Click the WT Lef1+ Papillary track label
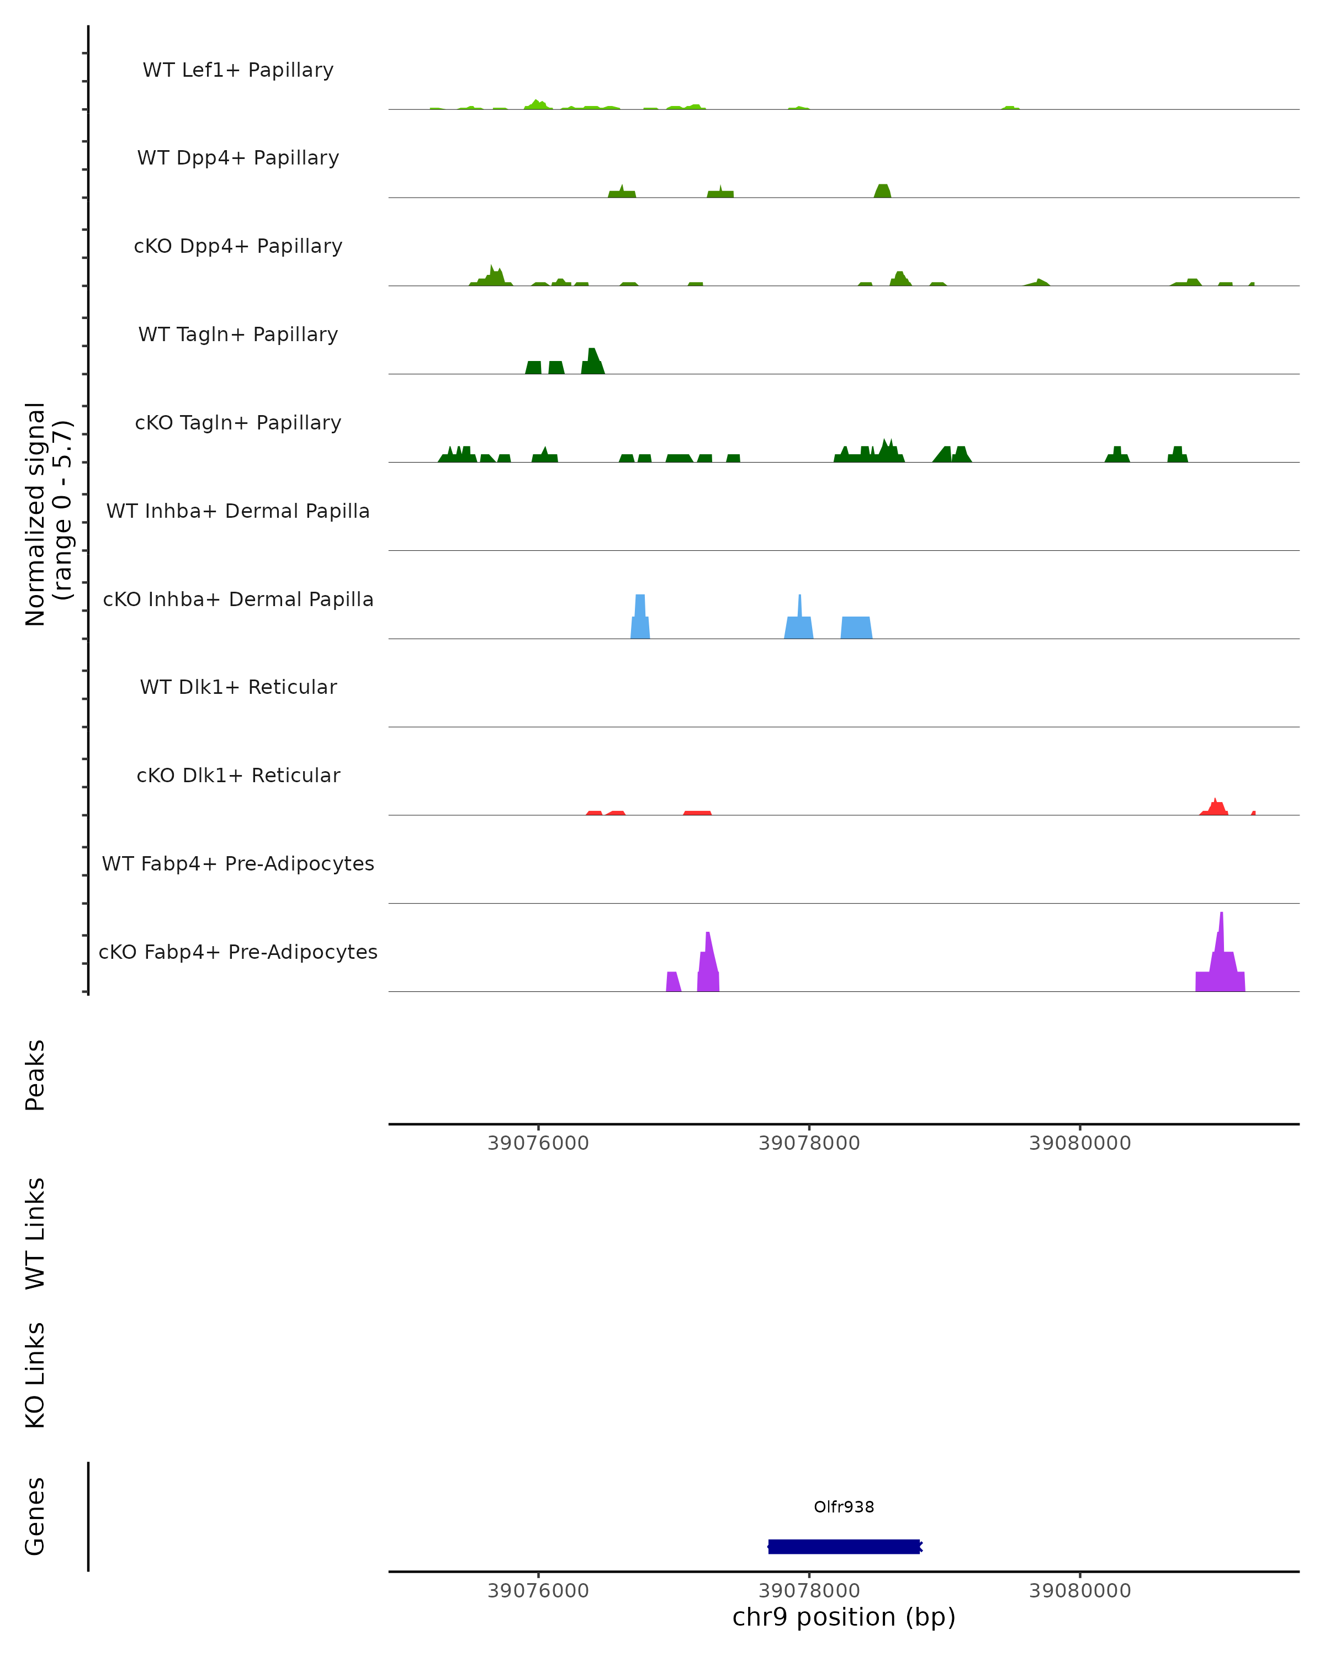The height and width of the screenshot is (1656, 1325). point(238,70)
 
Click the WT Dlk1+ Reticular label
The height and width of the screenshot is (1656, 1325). point(238,687)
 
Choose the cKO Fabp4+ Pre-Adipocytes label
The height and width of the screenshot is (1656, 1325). point(238,952)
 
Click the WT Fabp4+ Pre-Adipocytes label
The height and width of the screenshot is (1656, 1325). point(238,863)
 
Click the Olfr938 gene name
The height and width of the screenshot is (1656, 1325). point(844,1507)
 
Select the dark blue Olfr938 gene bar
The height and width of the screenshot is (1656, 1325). point(844,1546)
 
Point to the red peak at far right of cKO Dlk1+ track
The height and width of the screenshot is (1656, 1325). point(1215,807)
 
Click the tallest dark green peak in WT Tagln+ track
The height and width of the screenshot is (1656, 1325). point(592,361)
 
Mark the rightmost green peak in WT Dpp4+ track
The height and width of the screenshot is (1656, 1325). point(883,191)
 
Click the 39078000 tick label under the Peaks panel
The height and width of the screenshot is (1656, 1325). point(809,1143)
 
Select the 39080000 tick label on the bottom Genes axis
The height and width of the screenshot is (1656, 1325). point(1079,1591)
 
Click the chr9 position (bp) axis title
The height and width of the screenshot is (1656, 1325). point(844,1617)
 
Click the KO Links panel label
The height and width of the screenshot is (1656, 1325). point(35,1375)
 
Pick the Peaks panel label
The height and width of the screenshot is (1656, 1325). point(35,1075)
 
